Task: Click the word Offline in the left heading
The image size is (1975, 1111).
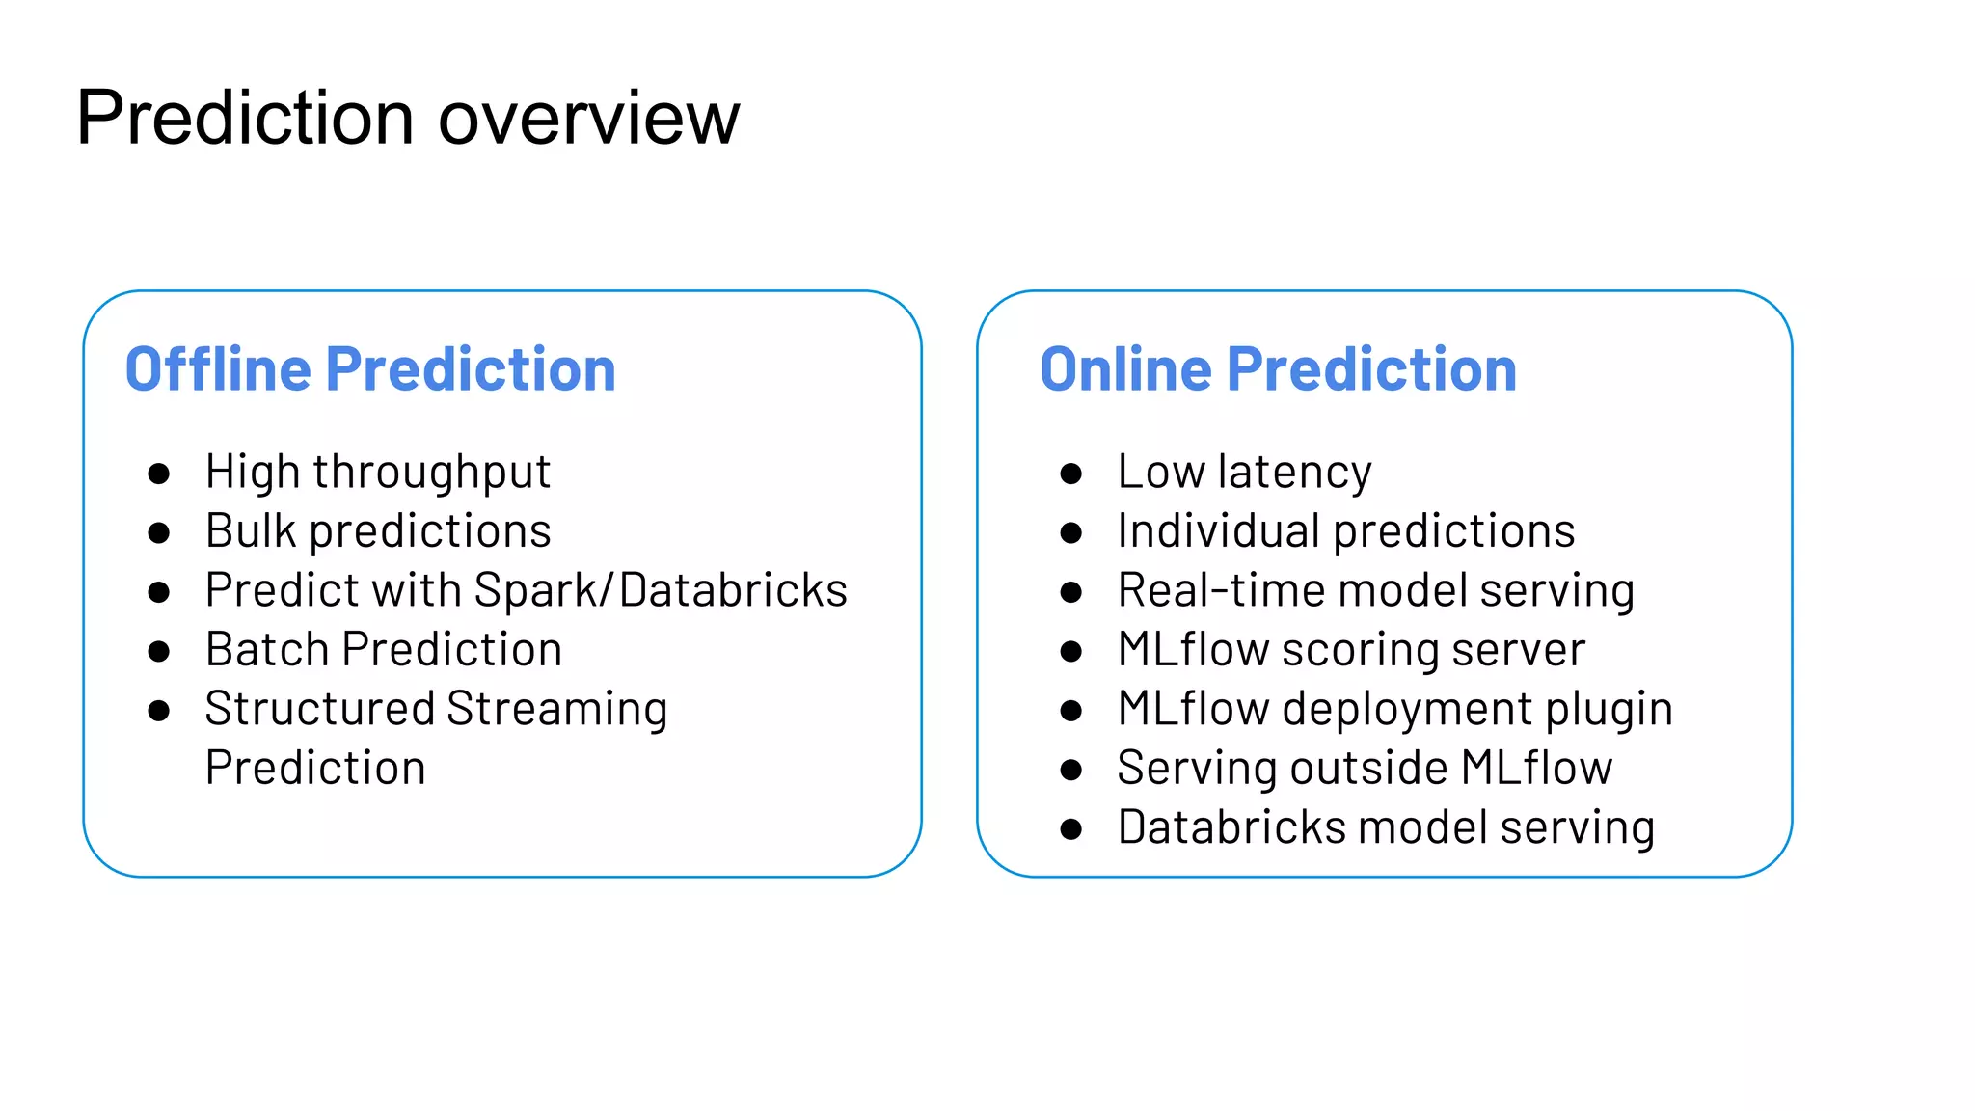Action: (218, 369)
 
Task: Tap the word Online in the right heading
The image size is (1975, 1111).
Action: (1125, 369)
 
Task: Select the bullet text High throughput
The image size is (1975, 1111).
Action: (377, 473)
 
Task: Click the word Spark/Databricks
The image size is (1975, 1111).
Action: (661, 590)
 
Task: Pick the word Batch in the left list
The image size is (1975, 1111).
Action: (267, 649)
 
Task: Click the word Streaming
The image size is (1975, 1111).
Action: (556, 709)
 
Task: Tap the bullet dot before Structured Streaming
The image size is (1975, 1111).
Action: (159, 711)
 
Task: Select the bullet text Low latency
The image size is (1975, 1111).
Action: (1244, 473)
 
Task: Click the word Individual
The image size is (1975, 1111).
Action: (1219, 531)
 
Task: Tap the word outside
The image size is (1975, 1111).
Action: (1369, 768)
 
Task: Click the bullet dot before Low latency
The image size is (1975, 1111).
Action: (1070, 474)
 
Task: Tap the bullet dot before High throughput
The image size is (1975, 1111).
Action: (159, 474)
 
